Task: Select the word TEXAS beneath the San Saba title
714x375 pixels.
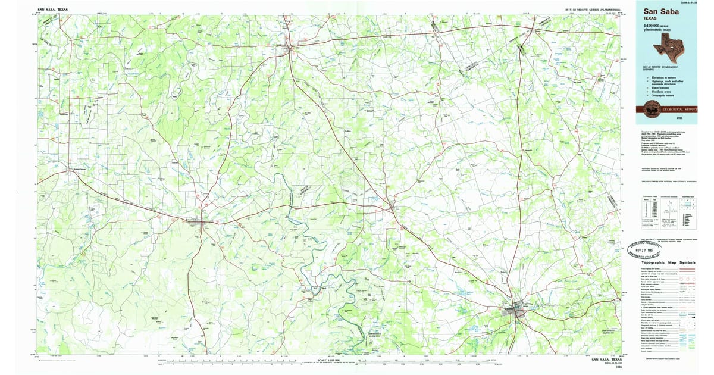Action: pos(652,18)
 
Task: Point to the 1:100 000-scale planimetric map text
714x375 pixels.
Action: pos(660,29)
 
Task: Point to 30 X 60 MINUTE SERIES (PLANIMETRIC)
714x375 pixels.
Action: pos(593,10)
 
